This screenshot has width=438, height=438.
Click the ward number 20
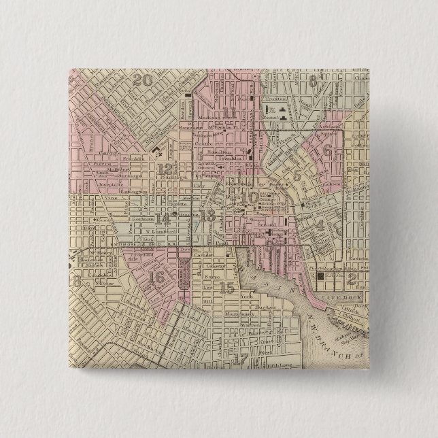[x=142, y=80]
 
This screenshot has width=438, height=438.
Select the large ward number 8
[x=313, y=83]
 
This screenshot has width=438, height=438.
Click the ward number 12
[x=164, y=169]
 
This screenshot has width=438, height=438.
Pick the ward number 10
[x=251, y=197]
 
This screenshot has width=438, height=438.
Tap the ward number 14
[x=163, y=219]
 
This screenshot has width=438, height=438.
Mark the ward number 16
[x=156, y=277]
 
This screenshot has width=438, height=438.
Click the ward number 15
[x=228, y=287]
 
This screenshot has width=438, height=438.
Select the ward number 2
[x=352, y=277]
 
